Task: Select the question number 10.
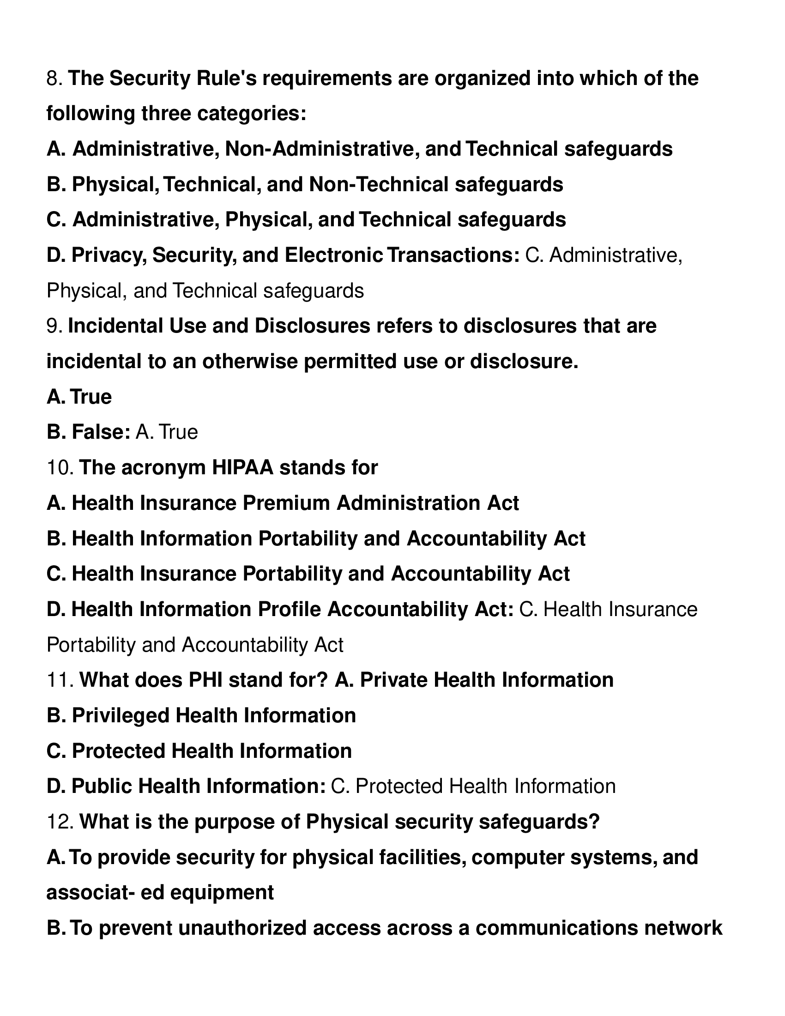coord(60,467)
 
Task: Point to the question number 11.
coord(60,680)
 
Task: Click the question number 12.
coord(60,822)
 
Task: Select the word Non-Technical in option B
coord(378,184)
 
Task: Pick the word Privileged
coord(121,715)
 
